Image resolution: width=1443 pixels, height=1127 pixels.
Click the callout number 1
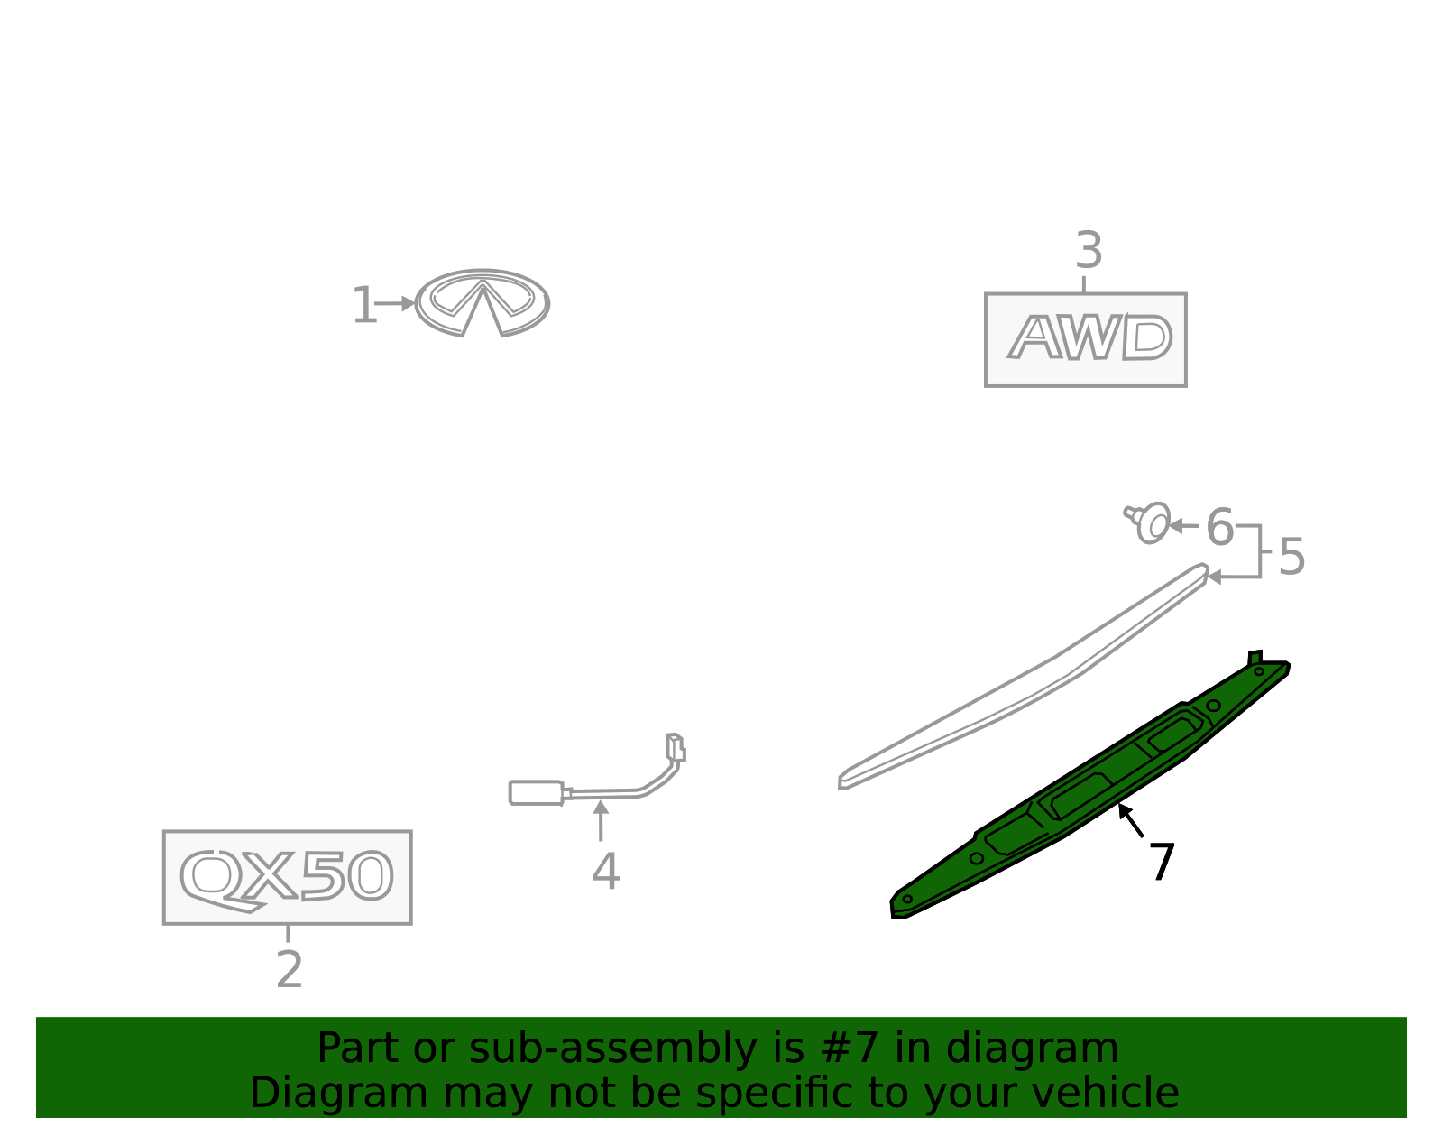click(x=364, y=305)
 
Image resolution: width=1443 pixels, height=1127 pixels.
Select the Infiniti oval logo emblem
click(x=483, y=303)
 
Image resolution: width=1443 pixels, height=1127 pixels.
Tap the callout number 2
click(x=290, y=969)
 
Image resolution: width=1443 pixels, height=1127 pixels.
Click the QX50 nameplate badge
click(x=288, y=877)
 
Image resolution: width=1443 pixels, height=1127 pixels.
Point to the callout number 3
click(x=1089, y=250)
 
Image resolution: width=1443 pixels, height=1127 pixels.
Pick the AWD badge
click(x=1086, y=340)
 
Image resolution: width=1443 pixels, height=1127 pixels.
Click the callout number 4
click(x=606, y=871)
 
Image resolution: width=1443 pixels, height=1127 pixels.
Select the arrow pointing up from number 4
click(x=601, y=820)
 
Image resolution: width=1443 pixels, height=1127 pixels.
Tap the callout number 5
click(x=1291, y=557)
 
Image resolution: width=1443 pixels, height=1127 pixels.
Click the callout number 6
click(x=1219, y=527)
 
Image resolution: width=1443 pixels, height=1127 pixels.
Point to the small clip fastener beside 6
click(x=1147, y=522)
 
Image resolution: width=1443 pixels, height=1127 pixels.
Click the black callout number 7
click(x=1163, y=862)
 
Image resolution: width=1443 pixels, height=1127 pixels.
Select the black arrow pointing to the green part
click(x=1131, y=820)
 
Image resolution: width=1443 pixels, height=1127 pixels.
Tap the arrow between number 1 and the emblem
click(x=395, y=304)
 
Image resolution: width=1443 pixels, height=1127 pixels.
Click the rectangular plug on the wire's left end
click(x=537, y=793)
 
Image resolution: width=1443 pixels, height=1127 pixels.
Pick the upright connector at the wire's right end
click(x=676, y=747)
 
